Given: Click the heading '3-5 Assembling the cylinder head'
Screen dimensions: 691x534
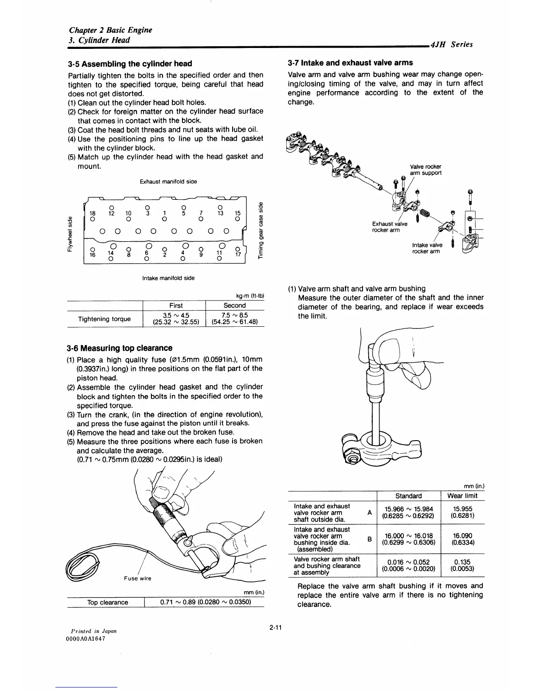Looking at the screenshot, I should (130, 64).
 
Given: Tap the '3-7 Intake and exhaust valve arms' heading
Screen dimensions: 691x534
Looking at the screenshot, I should (350, 63).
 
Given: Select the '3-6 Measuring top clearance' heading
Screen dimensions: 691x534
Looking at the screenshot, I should (120, 348).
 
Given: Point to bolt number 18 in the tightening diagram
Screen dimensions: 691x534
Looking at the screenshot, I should (92, 213).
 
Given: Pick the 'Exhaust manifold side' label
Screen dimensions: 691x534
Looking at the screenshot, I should (168, 181).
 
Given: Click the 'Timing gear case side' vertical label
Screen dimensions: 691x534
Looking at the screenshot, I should (261, 233).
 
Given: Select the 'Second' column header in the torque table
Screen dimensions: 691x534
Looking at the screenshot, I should (234, 305).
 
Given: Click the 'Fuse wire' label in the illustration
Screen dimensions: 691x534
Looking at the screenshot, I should (137, 578).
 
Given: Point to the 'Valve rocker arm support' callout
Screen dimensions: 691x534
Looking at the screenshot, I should (425, 170).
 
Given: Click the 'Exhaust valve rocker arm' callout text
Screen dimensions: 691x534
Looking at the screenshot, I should (390, 227).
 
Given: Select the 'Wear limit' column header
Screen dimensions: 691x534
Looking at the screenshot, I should (462, 496).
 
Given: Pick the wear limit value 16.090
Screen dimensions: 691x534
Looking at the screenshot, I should (462, 536).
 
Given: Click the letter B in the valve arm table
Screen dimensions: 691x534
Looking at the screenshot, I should (370, 539).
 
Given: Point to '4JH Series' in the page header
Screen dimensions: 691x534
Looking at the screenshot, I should (451, 44).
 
